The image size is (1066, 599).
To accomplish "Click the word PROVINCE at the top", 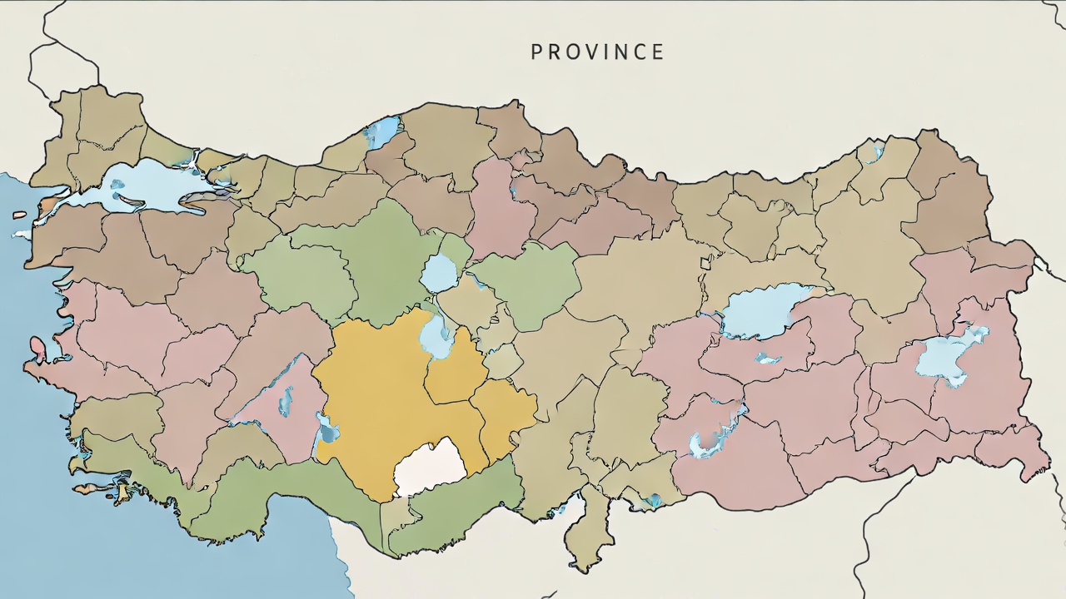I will pos(597,52).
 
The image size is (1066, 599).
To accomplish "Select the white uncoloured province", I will pos(429,468).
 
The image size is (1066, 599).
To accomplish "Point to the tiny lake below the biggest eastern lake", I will pos(767,359).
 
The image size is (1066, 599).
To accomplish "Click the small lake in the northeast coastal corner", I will pos(872,151).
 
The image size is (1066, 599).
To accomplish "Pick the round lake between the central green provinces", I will pos(439,273).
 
